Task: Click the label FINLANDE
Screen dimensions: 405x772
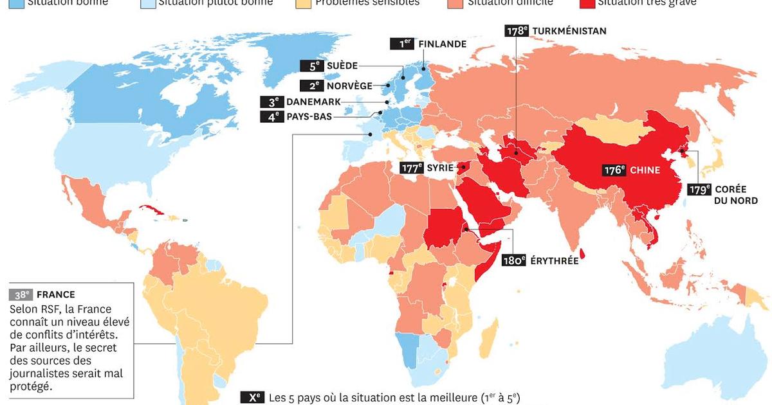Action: (x=442, y=44)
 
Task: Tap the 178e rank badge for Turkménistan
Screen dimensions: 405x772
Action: (x=515, y=31)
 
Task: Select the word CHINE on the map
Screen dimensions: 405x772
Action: (x=645, y=170)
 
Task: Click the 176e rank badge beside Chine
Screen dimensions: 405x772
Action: (x=614, y=170)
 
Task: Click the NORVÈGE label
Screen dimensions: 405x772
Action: (x=350, y=85)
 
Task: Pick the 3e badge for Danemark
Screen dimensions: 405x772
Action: (x=271, y=102)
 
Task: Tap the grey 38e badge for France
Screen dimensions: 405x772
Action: (x=21, y=295)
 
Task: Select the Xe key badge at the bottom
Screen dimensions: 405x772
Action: (x=252, y=397)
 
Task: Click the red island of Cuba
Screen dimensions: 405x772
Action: (x=149, y=211)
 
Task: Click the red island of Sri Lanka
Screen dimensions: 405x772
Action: (x=583, y=253)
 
